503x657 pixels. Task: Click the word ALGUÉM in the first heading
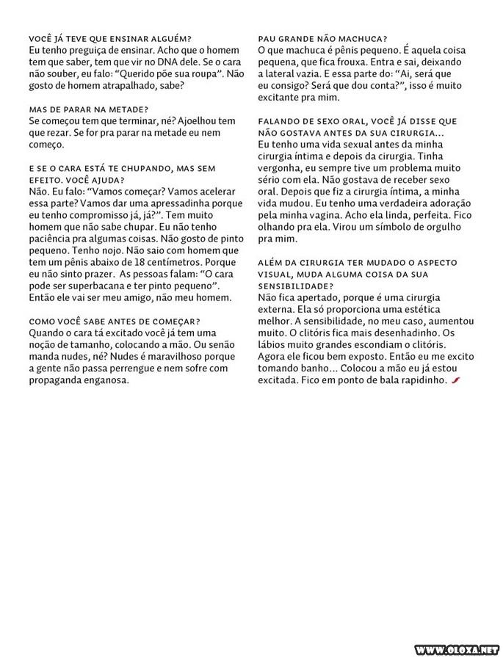point(168,38)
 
